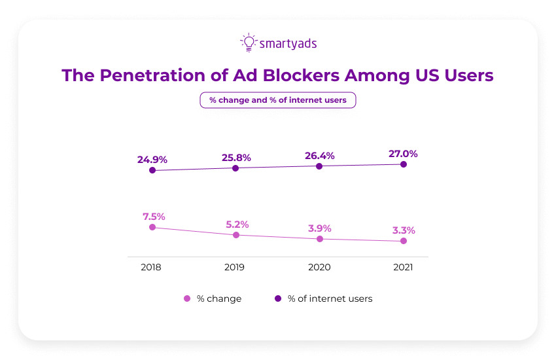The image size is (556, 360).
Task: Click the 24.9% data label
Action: (152, 159)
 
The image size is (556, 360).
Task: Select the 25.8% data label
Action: (235, 157)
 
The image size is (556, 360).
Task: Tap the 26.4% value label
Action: (319, 156)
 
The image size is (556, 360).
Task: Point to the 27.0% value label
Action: (402, 154)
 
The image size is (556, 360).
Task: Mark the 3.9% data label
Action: (319, 228)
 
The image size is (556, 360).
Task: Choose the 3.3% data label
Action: (403, 230)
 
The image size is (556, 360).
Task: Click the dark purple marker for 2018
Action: (152, 170)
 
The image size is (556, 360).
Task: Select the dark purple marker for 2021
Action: (404, 164)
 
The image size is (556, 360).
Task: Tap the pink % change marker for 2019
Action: (236, 234)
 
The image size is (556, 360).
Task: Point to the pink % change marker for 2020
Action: (320, 239)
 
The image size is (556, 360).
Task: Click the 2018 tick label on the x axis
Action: (150, 267)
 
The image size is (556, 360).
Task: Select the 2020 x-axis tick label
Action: (319, 267)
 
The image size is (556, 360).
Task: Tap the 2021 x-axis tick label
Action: (402, 267)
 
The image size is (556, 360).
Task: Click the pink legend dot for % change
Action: (187, 298)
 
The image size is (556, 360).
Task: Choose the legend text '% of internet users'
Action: (330, 298)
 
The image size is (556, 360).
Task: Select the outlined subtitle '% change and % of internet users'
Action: (277, 100)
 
